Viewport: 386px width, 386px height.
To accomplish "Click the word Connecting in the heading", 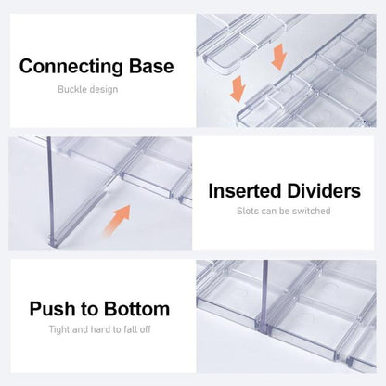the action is click(x=71, y=67).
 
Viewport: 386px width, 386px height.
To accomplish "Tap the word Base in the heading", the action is click(x=151, y=66).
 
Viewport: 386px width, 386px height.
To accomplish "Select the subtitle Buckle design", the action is click(x=88, y=89).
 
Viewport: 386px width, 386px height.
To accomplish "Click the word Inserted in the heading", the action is click(x=244, y=191).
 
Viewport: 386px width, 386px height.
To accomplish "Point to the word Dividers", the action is click(x=324, y=191).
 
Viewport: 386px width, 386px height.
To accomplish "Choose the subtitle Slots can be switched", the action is click(x=284, y=211).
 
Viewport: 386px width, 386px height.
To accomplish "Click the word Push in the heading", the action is click(x=53, y=309).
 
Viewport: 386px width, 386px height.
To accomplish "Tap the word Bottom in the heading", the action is click(x=136, y=309).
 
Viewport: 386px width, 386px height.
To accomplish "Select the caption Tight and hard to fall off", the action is click(x=99, y=329).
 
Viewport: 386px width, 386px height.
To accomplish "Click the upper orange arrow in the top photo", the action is click(x=279, y=57).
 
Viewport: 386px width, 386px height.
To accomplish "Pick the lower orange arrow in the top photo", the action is click(x=238, y=89).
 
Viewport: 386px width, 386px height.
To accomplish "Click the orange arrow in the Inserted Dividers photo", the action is click(x=118, y=220).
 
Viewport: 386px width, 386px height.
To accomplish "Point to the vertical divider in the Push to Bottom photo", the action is click(x=265, y=296).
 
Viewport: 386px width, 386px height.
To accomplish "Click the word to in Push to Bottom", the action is click(x=90, y=309).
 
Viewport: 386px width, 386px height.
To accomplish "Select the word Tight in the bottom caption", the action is click(x=59, y=329).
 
